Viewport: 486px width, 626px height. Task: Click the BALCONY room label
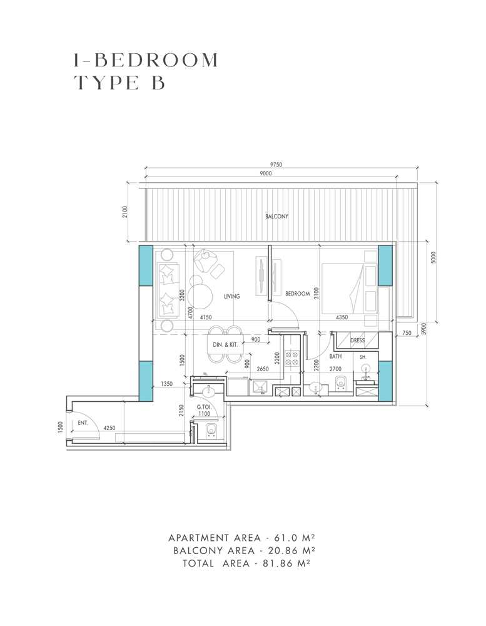pyautogui.click(x=276, y=217)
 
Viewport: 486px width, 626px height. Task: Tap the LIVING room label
pyautogui.click(x=231, y=296)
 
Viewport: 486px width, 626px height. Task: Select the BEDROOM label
pyautogui.click(x=298, y=294)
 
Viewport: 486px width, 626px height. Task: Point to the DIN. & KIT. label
pyautogui.click(x=225, y=345)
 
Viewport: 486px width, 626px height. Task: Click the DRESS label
pyautogui.click(x=357, y=341)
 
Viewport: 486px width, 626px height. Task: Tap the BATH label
pyautogui.click(x=336, y=356)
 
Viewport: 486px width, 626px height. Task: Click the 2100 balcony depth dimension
pyautogui.click(x=125, y=213)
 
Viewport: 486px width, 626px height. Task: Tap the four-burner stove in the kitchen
pyautogui.click(x=292, y=357)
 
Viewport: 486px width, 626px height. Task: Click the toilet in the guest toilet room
pyautogui.click(x=211, y=429)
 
